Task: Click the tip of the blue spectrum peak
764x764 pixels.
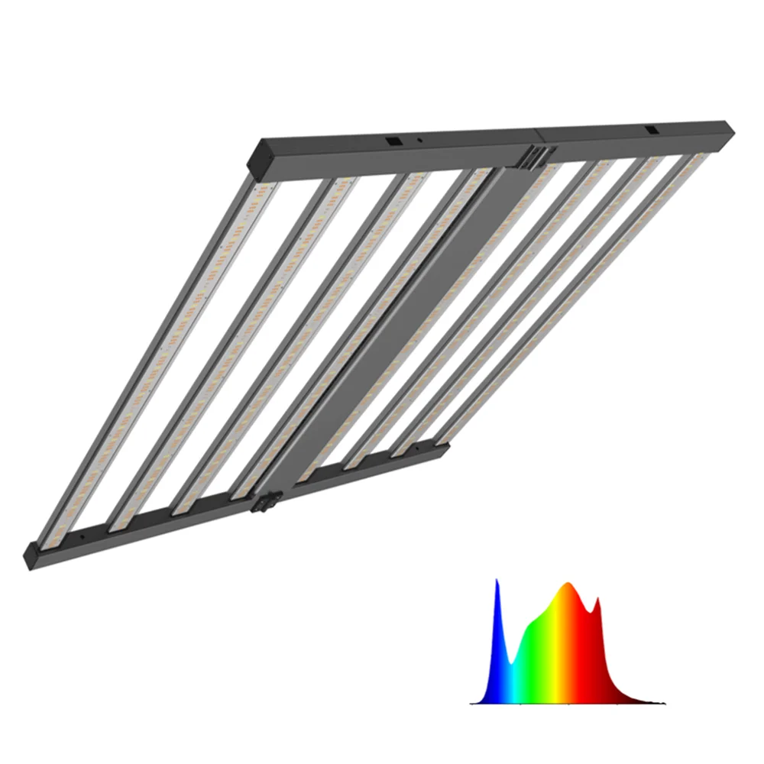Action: tap(497, 582)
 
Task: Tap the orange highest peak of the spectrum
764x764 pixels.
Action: tap(567, 586)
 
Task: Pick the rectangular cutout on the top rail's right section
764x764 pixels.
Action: tap(654, 131)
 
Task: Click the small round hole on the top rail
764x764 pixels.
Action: tap(419, 141)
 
